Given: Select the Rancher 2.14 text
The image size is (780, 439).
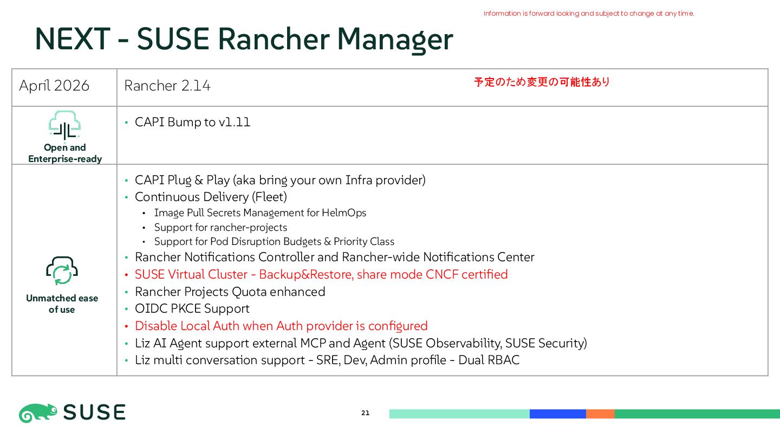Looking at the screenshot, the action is [x=167, y=86].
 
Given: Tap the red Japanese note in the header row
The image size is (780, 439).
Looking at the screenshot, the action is [x=542, y=82].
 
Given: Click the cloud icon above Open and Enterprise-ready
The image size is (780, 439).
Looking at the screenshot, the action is [x=64, y=126].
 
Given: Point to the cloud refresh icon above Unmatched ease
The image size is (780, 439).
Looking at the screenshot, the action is [x=62, y=270].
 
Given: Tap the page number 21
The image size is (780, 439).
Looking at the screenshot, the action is [x=365, y=413].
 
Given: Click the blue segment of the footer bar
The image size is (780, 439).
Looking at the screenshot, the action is [x=557, y=414].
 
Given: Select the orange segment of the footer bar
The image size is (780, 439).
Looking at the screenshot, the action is [x=600, y=414].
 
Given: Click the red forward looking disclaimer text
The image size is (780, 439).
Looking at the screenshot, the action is [x=588, y=14].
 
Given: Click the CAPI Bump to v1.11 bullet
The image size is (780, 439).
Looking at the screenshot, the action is [x=192, y=122].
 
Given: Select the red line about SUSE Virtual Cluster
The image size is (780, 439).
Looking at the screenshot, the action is [x=321, y=274].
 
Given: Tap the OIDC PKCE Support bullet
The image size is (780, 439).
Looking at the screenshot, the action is [x=192, y=308].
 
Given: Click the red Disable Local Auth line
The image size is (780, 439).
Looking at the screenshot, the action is [x=281, y=326].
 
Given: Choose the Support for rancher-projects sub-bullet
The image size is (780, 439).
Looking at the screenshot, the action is [x=220, y=227].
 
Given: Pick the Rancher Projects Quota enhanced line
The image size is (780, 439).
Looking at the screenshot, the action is [x=230, y=292].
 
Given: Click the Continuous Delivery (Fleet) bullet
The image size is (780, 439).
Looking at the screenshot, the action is [x=211, y=197].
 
